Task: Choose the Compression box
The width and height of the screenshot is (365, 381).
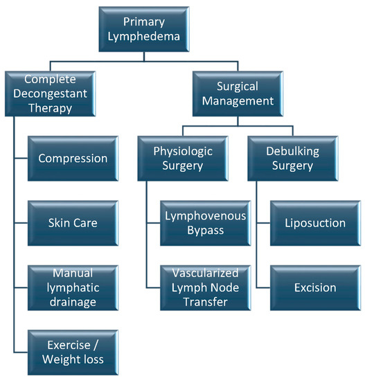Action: [73, 158]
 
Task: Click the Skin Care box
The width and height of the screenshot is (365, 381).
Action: [73, 223]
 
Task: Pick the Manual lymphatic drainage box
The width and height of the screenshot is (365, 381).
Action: [73, 287]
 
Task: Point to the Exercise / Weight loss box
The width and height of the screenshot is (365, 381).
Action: [73, 351]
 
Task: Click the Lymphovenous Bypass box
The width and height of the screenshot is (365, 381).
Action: [204, 223]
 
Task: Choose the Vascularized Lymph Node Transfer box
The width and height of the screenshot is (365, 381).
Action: [204, 287]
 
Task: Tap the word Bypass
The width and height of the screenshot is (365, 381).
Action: [204, 231]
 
